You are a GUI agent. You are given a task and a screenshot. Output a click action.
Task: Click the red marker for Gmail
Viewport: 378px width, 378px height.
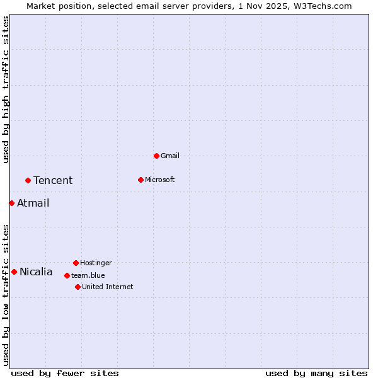click(156, 156)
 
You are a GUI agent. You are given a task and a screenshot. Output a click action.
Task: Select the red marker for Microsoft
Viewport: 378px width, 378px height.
click(140, 180)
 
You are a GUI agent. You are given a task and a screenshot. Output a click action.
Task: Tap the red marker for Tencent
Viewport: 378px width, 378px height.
click(28, 180)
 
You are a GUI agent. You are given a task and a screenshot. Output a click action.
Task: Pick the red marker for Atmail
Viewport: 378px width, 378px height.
click(11, 203)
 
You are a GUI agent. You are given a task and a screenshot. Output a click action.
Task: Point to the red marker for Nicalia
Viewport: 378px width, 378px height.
click(14, 272)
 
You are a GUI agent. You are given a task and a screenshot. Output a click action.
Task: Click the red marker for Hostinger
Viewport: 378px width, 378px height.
click(76, 263)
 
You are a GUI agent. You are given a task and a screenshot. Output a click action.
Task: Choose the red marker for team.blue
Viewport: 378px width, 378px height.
click(67, 275)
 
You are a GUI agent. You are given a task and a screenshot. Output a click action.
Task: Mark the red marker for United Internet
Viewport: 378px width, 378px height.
click(77, 287)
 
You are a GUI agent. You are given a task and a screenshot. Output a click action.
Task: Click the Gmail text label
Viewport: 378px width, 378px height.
click(170, 156)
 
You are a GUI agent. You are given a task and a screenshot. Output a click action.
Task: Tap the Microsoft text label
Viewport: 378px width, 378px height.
click(160, 180)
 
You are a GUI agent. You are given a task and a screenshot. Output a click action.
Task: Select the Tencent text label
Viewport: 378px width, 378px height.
click(53, 181)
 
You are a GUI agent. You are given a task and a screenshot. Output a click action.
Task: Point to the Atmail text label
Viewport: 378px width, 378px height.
click(33, 203)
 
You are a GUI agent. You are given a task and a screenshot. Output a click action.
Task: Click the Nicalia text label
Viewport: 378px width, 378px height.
click(36, 272)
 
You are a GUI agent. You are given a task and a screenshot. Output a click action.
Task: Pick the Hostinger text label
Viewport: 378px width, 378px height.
click(96, 263)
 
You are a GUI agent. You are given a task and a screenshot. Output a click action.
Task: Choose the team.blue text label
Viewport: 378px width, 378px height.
click(88, 275)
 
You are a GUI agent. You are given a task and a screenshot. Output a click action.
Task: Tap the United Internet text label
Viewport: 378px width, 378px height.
click(107, 287)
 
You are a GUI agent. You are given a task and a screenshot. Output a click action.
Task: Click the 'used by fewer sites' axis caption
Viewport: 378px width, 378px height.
click(65, 373)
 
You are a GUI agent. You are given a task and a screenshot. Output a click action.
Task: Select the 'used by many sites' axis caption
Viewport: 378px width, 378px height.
click(316, 373)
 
